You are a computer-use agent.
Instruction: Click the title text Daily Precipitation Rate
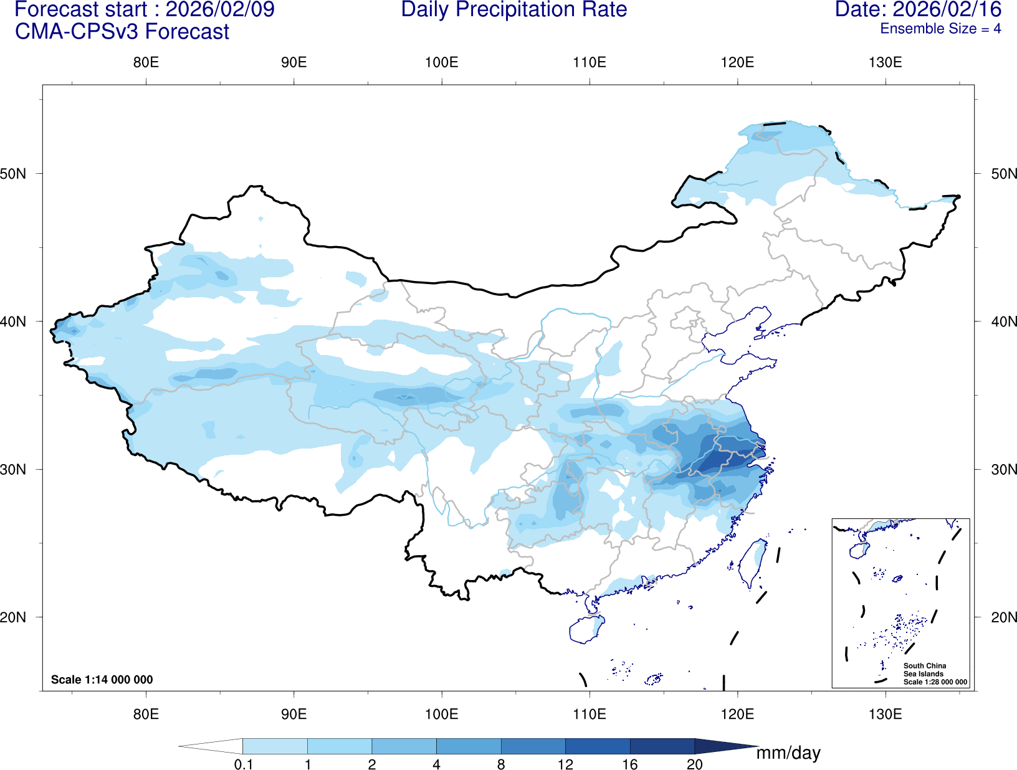513,10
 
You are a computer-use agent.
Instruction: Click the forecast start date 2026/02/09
219,10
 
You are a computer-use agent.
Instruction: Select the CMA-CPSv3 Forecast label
122,32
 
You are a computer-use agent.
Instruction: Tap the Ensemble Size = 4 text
940,29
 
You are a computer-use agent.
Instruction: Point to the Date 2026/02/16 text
917,10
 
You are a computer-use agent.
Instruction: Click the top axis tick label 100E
441,62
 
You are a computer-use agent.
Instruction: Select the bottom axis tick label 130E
885,713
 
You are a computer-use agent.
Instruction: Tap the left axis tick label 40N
13,321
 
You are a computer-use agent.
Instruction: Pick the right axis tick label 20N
1004,617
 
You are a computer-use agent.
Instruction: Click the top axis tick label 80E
146,62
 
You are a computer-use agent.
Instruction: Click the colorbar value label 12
565,764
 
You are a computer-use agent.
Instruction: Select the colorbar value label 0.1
243,764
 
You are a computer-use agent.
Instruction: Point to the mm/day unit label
788,753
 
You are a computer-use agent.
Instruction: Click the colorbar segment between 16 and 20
662,746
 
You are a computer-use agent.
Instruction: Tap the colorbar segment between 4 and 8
469,746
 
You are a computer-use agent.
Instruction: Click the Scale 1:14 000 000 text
102,680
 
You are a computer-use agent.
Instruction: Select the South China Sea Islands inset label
925,670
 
